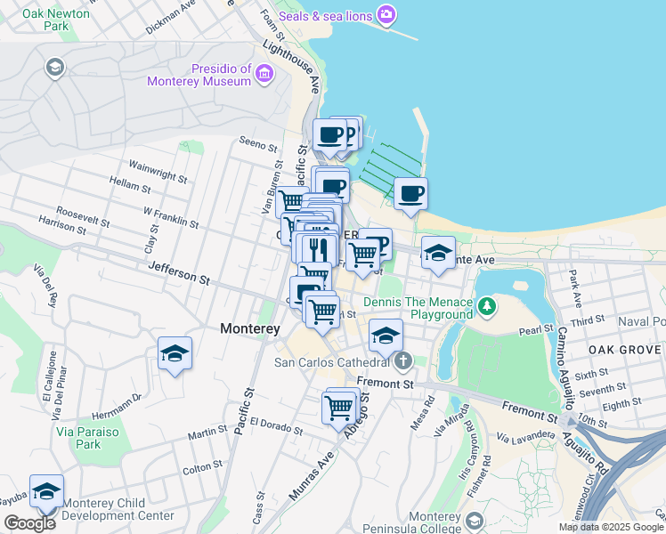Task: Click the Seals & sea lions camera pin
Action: click(x=386, y=14)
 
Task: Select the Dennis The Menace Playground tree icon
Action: click(x=486, y=308)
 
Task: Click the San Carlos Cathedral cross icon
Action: click(x=403, y=361)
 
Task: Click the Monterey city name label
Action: click(x=250, y=328)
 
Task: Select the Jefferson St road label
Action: click(x=179, y=273)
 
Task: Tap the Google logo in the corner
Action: click(x=29, y=523)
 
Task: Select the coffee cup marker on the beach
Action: click(x=410, y=194)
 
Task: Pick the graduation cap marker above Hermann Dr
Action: click(x=175, y=354)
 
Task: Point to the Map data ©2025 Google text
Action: click(x=610, y=527)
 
